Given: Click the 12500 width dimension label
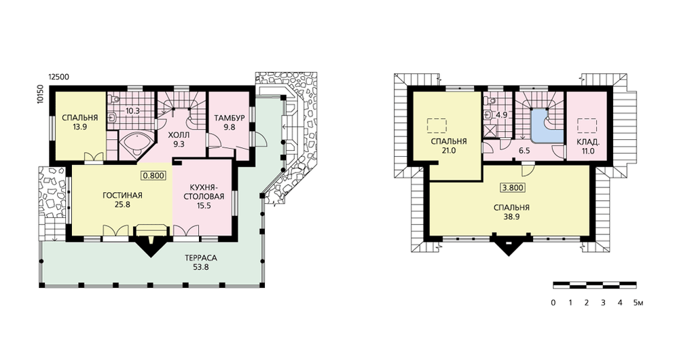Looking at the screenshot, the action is click(x=58, y=77).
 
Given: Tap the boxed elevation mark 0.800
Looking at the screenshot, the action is click(x=153, y=175).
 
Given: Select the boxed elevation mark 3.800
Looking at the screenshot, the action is click(x=513, y=187).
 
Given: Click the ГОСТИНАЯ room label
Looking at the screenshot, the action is click(x=122, y=196).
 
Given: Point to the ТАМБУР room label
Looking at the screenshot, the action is click(x=230, y=118).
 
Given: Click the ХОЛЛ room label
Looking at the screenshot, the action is click(x=179, y=135).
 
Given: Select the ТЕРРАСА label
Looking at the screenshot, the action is click(x=201, y=258).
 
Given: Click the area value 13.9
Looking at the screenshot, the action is click(x=79, y=126).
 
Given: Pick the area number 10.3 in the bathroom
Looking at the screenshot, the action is click(x=132, y=111).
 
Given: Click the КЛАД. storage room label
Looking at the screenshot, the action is click(x=588, y=142).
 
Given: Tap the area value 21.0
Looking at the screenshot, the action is click(x=449, y=151).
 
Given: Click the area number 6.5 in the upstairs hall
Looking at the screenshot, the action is click(x=524, y=151).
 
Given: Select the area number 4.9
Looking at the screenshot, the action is click(x=501, y=115).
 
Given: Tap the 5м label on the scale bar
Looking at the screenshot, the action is click(x=638, y=303).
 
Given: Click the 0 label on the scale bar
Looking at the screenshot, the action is click(x=553, y=303).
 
